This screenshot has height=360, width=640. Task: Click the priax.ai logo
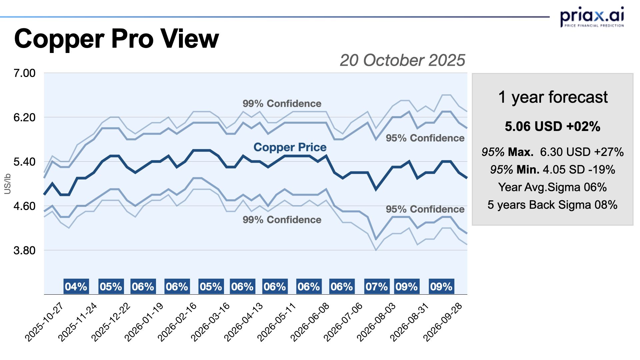592,17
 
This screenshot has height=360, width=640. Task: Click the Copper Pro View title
116,39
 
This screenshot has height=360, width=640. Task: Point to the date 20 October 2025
402,60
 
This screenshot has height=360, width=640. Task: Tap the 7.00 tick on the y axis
24,73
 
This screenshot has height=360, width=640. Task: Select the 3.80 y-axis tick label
24,250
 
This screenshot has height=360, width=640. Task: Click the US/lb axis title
7,184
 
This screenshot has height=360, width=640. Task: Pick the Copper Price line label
290,147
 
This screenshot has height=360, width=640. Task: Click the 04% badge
76,286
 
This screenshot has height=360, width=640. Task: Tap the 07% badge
376,286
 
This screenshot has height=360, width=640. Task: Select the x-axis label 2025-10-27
44,322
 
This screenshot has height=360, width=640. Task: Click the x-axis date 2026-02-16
177,322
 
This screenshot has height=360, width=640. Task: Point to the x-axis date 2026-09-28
443,322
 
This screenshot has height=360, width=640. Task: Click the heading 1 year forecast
553,97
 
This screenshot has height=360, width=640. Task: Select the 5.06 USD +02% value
552,126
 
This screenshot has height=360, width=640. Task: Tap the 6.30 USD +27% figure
582,152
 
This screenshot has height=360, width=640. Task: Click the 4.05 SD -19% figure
579,170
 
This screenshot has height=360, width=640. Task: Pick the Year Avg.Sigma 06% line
552,187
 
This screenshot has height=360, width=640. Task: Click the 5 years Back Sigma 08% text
552,205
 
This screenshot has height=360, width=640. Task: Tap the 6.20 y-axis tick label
24,117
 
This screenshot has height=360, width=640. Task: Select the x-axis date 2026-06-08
310,322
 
